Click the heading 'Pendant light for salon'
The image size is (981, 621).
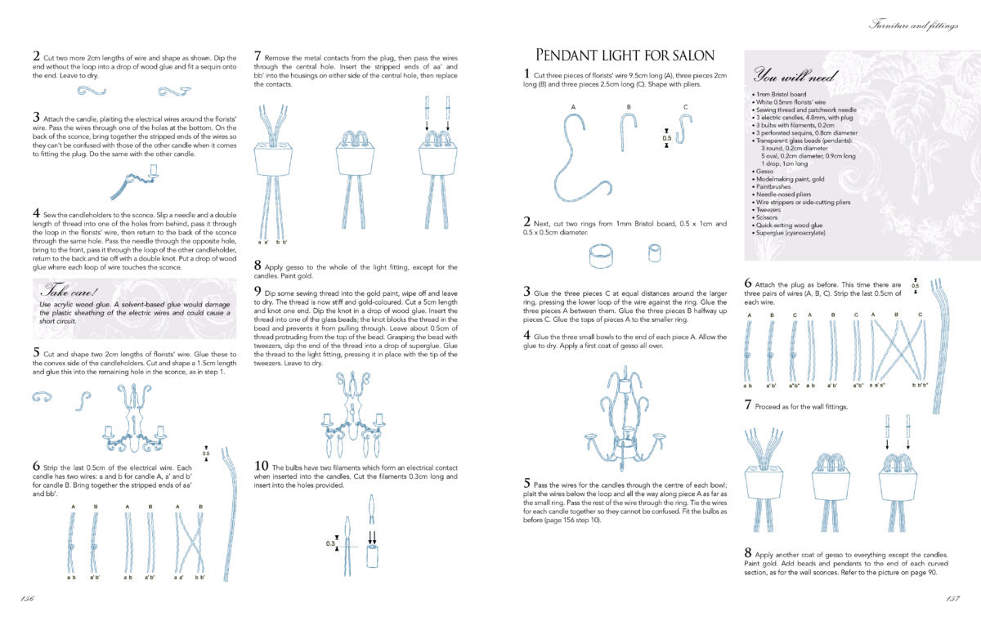coord(625,56)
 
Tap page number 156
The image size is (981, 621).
coord(27,598)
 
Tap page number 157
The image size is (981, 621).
coord(953,598)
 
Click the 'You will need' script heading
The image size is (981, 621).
coord(795,75)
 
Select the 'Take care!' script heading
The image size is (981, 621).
coord(69,290)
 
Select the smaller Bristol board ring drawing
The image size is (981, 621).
coord(654,253)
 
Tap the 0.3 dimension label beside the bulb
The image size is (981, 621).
coord(329,543)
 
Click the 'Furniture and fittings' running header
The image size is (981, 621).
coord(914,25)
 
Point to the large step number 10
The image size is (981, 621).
coord(261,466)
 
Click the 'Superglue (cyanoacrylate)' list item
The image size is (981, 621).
coord(791,233)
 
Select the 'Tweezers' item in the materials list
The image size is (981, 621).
coord(768,210)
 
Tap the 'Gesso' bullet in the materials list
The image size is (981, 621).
coord(764,171)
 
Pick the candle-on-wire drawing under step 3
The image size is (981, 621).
coord(135,181)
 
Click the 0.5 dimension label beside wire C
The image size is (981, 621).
coord(666,138)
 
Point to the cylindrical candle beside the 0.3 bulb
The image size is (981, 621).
coord(372,556)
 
